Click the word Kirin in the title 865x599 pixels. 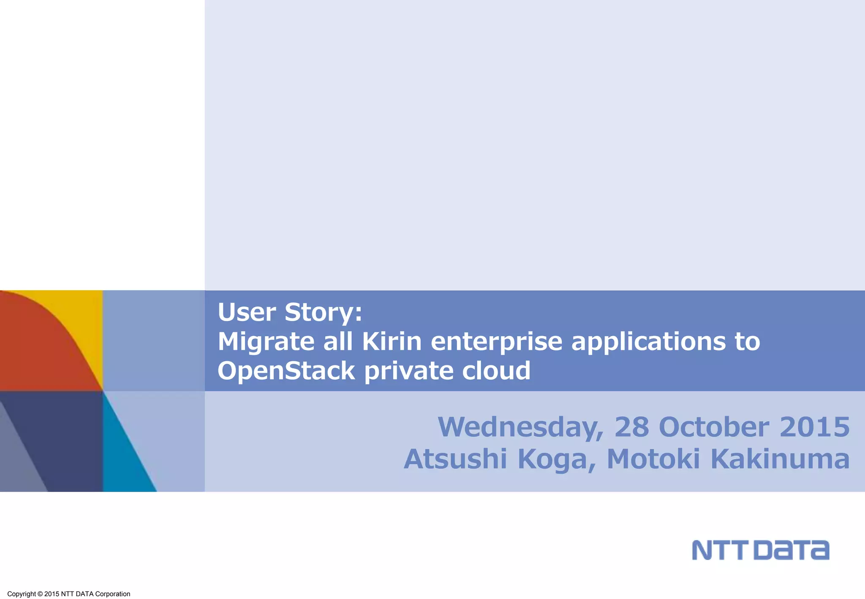tap(392, 341)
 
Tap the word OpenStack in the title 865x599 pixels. tap(286, 370)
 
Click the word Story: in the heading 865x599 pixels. tap(323, 313)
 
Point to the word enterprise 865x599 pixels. tap(496, 342)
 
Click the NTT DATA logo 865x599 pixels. tap(760, 550)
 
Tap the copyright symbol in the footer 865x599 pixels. tap(40, 594)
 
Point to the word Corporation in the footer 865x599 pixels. tap(113, 594)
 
